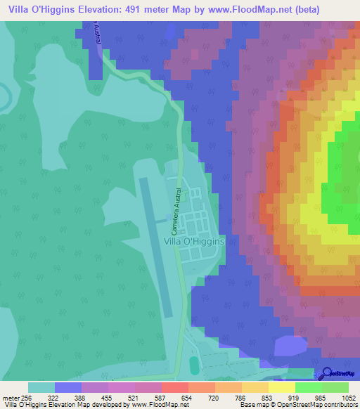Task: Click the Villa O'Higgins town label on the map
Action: (x=193, y=240)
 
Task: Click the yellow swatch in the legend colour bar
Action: (x=282, y=387)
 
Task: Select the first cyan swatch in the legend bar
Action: (x=41, y=387)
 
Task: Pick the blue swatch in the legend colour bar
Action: (x=68, y=387)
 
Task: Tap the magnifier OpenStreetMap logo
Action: (x=328, y=374)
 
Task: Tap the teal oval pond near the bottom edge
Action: (x=194, y=365)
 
